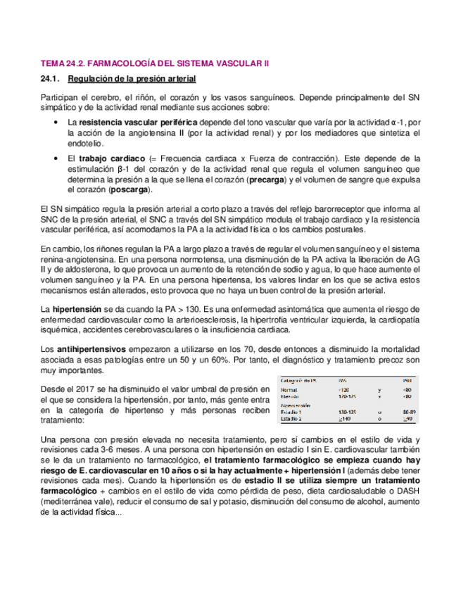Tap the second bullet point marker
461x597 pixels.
pyautogui.click(x=56, y=159)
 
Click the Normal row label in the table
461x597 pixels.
pyautogui.click(x=289, y=390)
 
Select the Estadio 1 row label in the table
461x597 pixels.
pyautogui.click(x=292, y=413)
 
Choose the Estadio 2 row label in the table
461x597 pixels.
pyautogui.click(x=292, y=420)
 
